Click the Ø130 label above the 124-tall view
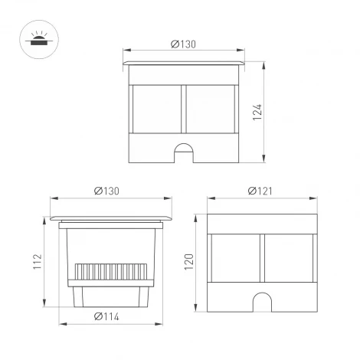(184, 44)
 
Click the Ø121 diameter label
(263, 191)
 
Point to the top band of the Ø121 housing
(263, 223)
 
